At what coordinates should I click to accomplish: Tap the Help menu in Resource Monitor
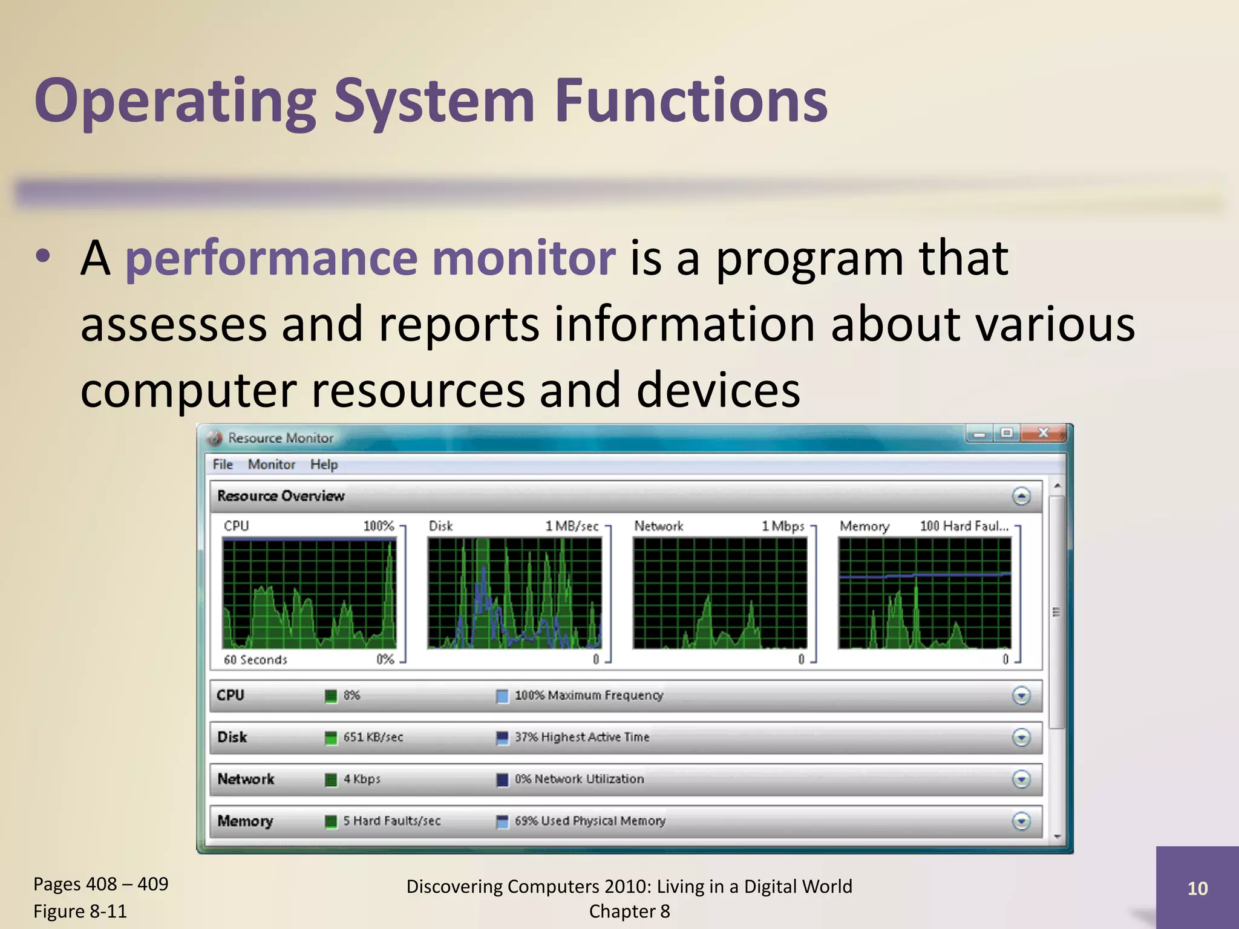pyautogui.click(x=324, y=464)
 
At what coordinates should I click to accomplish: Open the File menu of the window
pyautogui.click(x=223, y=464)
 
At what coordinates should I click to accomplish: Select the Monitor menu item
pyautogui.click(x=272, y=464)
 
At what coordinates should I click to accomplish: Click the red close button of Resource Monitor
pyautogui.click(x=1043, y=433)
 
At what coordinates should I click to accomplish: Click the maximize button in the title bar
pyautogui.click(x=1007, y=433)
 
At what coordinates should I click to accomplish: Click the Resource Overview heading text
pyautogui.click(x=281, y=496)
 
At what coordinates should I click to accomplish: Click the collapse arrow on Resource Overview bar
pyautogui.click(x=1021, y=497)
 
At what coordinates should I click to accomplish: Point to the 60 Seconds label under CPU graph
pyautogui.click(x=255, y=660)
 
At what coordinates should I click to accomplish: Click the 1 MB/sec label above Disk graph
pyautogui.click(x=572, y=526)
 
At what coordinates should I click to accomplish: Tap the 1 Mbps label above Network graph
pyautogui.click(x=783, y=526)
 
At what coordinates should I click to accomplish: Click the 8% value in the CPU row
pyautogui.click(x=351, y=696)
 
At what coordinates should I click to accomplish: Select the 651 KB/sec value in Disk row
pyautogui.click(x=373, y=737)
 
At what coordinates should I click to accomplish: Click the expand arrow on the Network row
pyautogui.click(x=1021, y=779)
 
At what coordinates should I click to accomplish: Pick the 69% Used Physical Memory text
pyautogui.click(x=590, y=821)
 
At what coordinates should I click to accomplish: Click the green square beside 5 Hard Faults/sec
pyautogui.click(x=331, y=821)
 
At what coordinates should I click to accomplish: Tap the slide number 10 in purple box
pyautogui.click(x=1197, y=888)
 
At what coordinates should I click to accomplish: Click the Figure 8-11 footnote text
pyautogui.click(x=80, y=911)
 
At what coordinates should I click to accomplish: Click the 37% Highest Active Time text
pyautogui.click(x=581, y=737)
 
